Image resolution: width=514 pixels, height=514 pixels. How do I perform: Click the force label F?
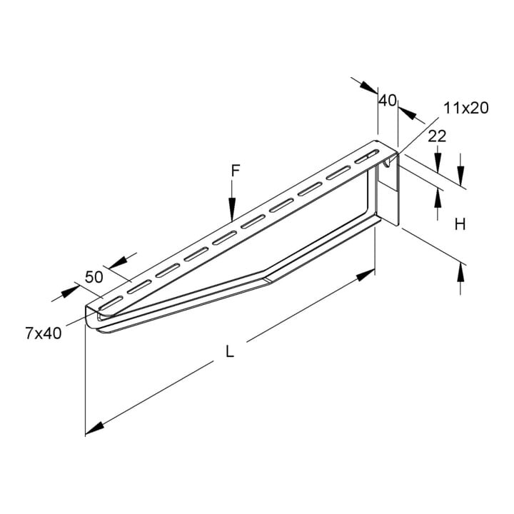pyautogui.click(x=236, y=171)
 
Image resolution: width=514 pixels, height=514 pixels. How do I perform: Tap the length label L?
pyautogui.click(x=230, y=352)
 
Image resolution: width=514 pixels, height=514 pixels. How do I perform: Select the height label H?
pyautogui.click(x=460, y=225)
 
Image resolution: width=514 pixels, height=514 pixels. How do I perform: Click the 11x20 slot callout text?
pyautogui.click(x=465, y=108)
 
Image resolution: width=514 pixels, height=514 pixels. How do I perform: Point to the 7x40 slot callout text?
pyautogui.click(x=44, y=333)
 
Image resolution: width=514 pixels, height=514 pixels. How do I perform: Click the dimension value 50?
pyautogui.click(x=94, y=277)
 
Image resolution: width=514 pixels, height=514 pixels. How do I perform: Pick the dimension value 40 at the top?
pyautogui.click(x=388, y=101)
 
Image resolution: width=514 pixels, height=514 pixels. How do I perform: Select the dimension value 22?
pyautogui.click(x=438, y=136)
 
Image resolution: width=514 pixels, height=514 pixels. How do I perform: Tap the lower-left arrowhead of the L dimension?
pyautogui.click(x=95, y=428)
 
